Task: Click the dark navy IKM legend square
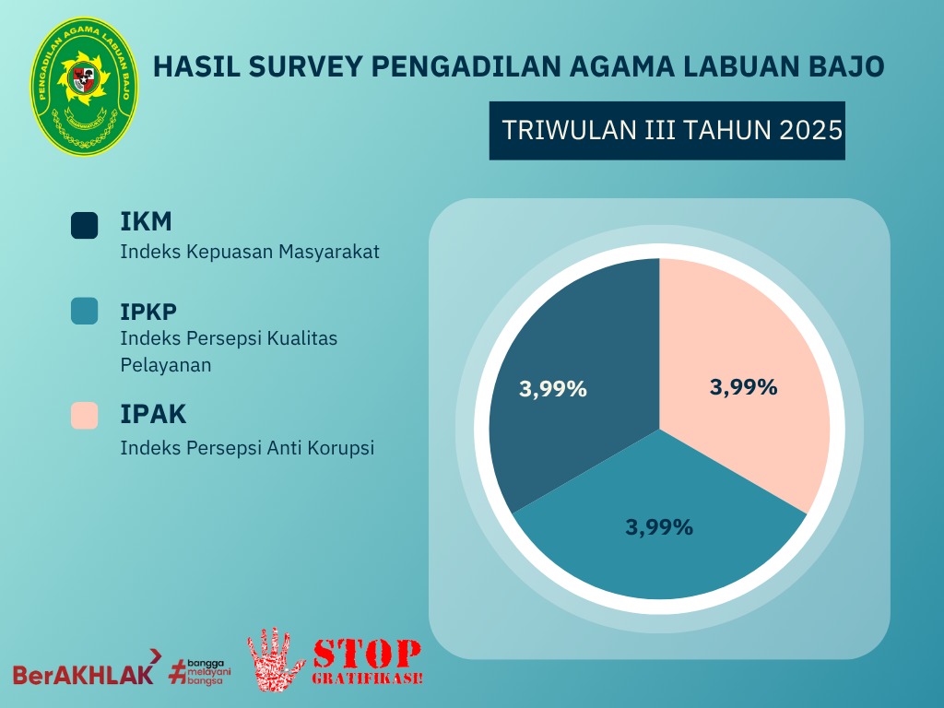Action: (84, 226)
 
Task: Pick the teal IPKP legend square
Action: (84, 311)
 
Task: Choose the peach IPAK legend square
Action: (84, 416)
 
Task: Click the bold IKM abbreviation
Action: (147, 222)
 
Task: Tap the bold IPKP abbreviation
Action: (149, 311)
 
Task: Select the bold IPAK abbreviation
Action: (153, 415)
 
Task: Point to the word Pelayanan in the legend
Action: (166, 364)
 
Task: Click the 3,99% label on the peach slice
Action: (743, 387)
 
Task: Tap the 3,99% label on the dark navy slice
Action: (553, 389)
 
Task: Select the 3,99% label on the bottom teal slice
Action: (659, 527)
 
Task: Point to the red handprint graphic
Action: (277, 659)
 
